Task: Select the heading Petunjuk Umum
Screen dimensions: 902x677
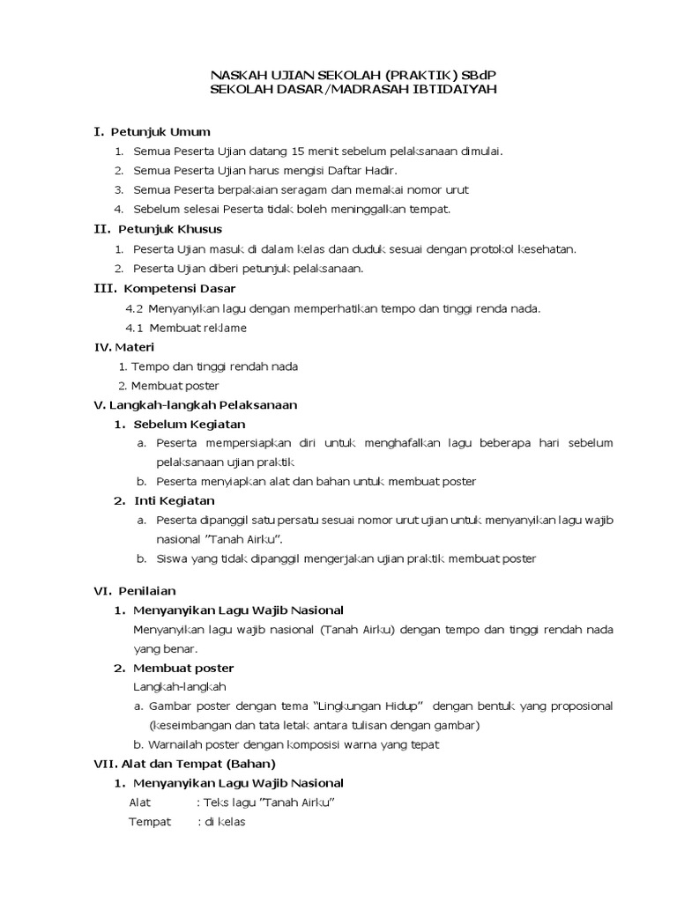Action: (160, 131)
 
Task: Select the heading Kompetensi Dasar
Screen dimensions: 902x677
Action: (180, 288)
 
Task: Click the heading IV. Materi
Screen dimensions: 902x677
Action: (124, 347)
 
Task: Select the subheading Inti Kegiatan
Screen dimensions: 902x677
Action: (174, 500)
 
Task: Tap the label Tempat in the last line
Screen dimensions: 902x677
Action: (150, 822)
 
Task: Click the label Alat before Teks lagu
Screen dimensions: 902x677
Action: (141, 802)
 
